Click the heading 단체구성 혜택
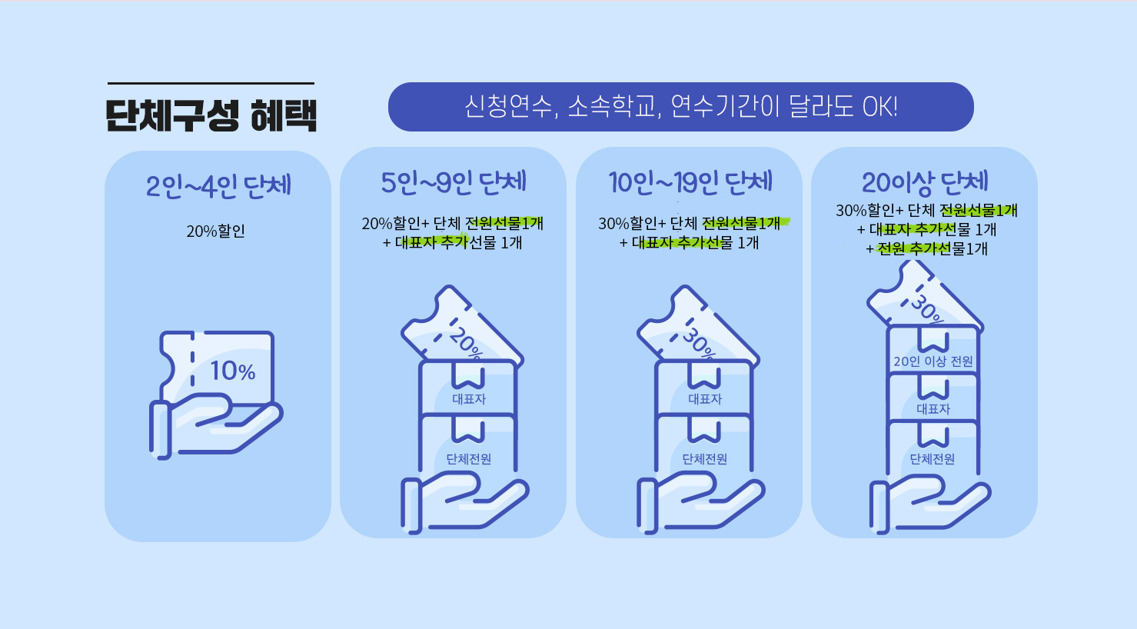coord(211,116)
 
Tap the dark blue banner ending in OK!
coord(680,107)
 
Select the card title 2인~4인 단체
coord(218,186)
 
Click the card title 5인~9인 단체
coord(454,183)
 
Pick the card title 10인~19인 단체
coord(690,183)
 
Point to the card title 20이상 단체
coord(925,183)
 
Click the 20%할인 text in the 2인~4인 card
coord(216,231)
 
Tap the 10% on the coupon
coord(233,371)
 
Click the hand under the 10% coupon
coord(216,428)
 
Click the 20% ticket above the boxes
coord(461,325)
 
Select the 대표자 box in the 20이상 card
coord(933,398)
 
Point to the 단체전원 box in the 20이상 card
coord(933,448)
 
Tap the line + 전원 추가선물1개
coord(927,248)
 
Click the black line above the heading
coord(211,83)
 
